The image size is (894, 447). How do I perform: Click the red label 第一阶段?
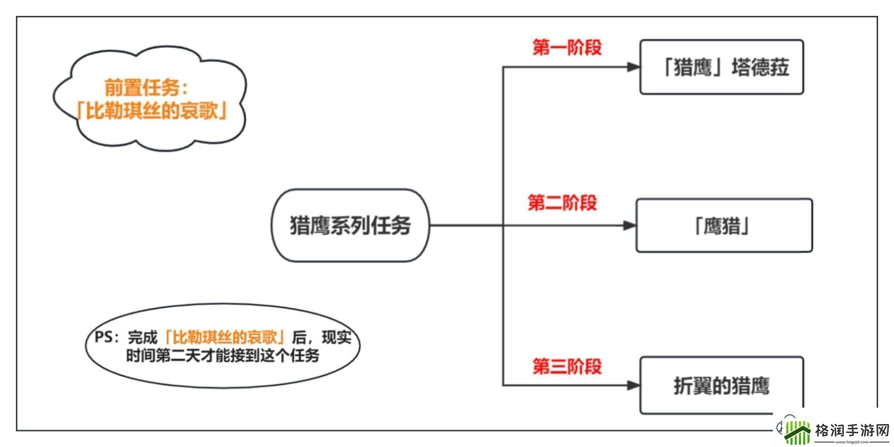tap(567, 47)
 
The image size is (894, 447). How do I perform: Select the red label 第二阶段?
tap(562, 202)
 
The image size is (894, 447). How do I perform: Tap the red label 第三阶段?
tap(567, 366)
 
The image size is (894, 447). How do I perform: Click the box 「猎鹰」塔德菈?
tap(721, 67)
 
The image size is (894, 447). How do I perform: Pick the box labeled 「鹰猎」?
tap(724, 225)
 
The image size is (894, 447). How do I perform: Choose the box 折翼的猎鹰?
tap(721, 385)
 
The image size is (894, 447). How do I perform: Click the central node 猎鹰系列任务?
tap(350, 225)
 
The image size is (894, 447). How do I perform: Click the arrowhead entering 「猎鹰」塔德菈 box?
tap(633, 67)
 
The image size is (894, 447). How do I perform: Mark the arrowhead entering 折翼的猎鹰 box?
tap(633, 385)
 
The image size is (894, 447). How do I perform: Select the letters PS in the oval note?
tap(103, 337)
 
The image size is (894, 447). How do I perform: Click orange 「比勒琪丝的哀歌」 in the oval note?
tap(225, 337)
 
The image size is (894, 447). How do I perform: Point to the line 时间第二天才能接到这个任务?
tap(222, 356)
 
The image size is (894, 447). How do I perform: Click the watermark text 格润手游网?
tap(852, 430)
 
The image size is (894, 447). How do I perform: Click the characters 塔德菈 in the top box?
tap(760, 67)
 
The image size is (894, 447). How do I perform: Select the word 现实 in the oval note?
tap(336, 337)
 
